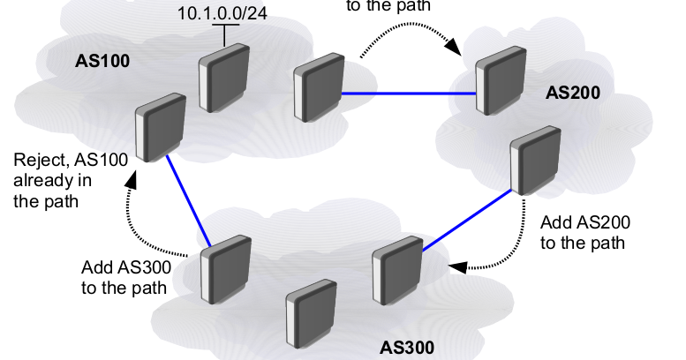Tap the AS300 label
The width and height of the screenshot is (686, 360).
coord(406,346)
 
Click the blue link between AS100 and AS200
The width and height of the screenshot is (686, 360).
coord(409,93)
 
